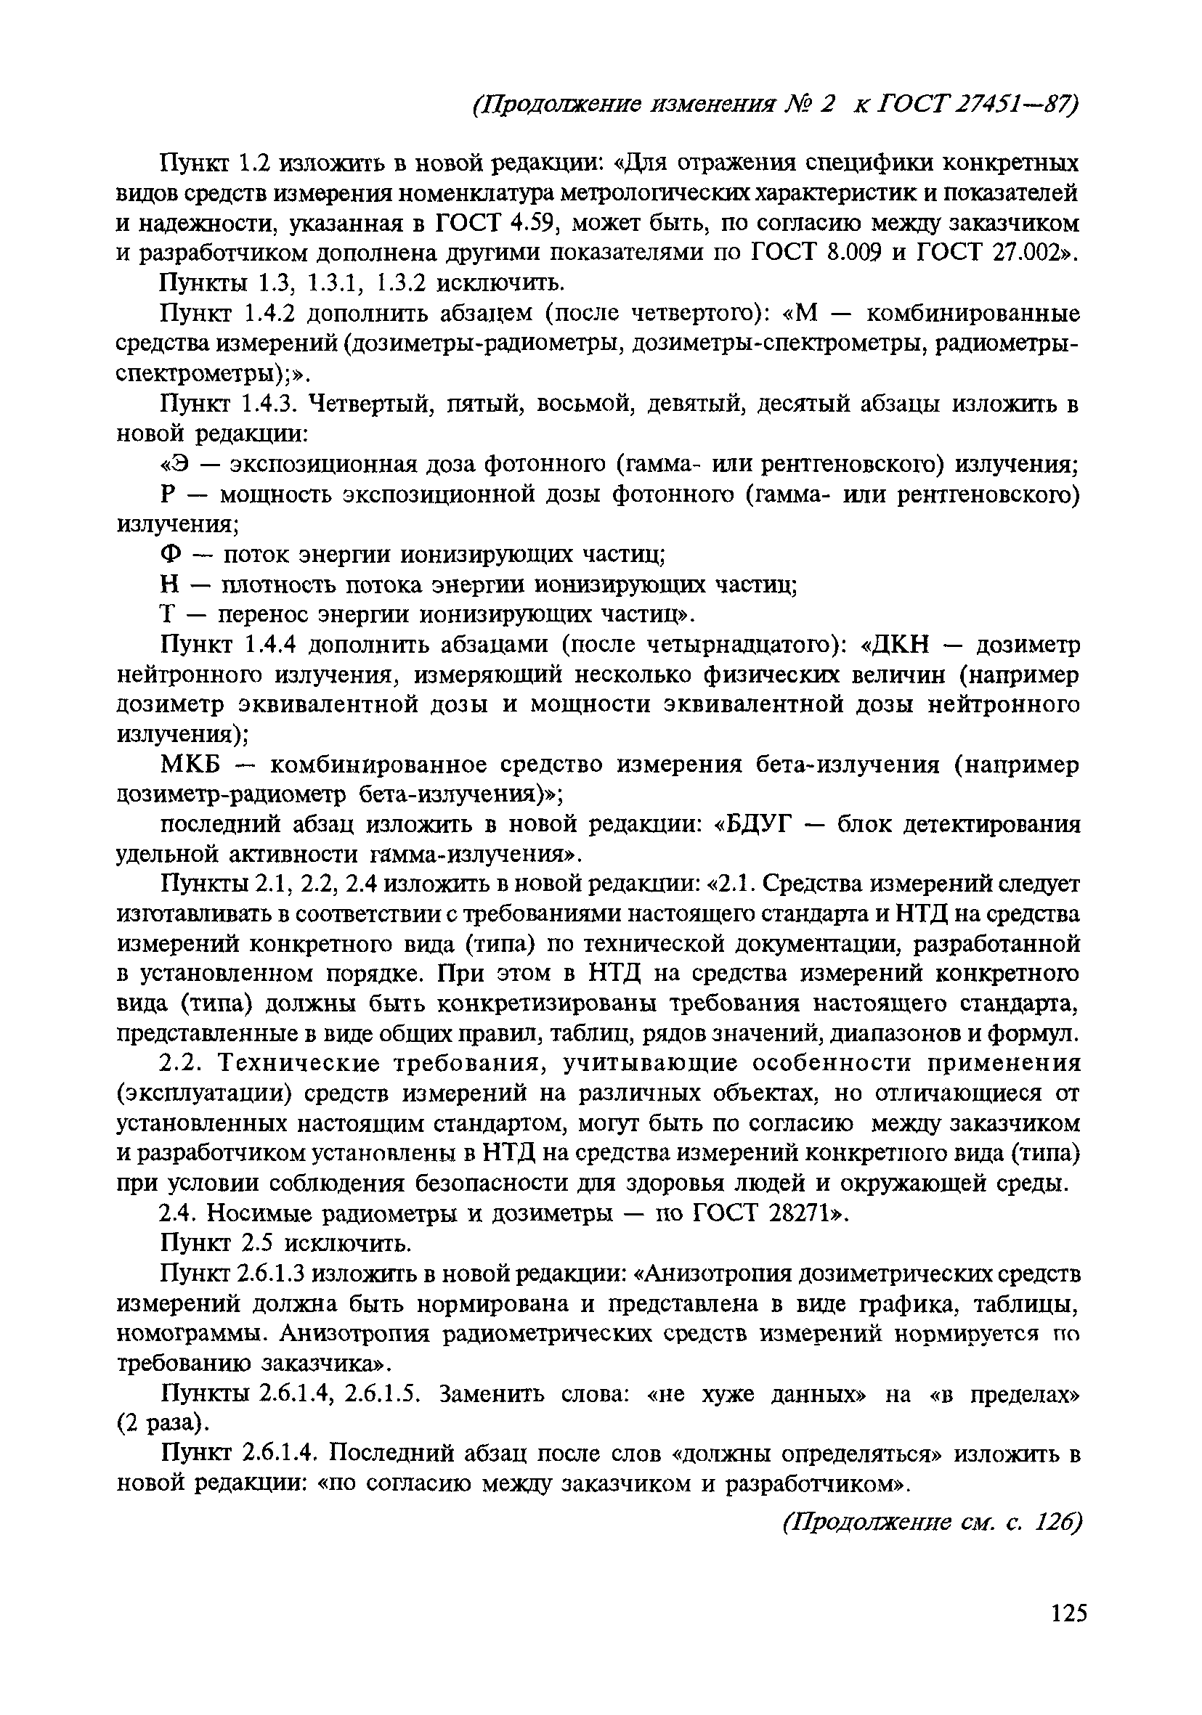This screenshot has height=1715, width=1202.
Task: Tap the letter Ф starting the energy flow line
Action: point(172,555)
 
